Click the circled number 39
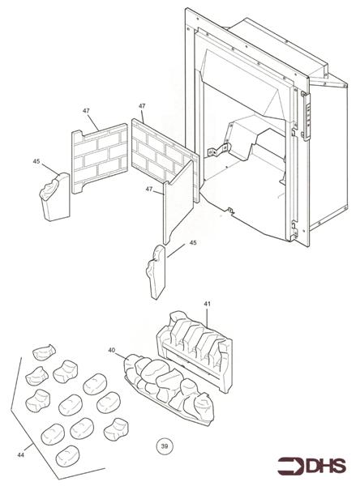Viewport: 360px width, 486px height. pyautogui.click(x=165, y=446)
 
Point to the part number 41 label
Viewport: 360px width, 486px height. pyautogui.click(x=207, y=304)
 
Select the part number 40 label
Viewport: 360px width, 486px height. pyautogui.click(x=111, y=350)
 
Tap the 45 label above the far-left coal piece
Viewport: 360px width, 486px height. pyautogui.click(x=36, y=161)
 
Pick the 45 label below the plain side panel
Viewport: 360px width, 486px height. pyautogui.click(x=192, y=242)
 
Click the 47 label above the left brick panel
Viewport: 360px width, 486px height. pyautogui.click(x=86, y=110)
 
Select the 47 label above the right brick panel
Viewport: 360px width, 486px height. pyautogui.click(x=142, y=106)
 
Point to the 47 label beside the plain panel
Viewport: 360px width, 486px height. pyautogui.click(x=148, y=189)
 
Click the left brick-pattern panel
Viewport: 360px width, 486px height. pyautogui.click(x=99, y=160)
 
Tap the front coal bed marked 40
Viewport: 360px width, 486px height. pyautogui.click(x=166, y=387)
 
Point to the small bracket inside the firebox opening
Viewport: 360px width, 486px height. pyautogui.click(x=216, y=151)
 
